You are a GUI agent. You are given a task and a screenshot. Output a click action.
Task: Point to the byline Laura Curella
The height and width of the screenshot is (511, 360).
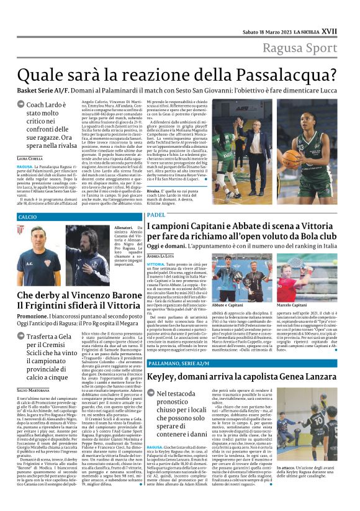tap(31, 159)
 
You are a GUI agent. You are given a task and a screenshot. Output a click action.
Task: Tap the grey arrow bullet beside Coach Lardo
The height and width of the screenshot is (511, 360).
tap(21, 106)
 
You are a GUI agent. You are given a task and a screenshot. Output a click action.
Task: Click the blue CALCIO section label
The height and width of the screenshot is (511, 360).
tap(28, 217)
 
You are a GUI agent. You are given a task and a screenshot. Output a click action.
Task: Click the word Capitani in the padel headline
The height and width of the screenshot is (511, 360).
tap(202, 227)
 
